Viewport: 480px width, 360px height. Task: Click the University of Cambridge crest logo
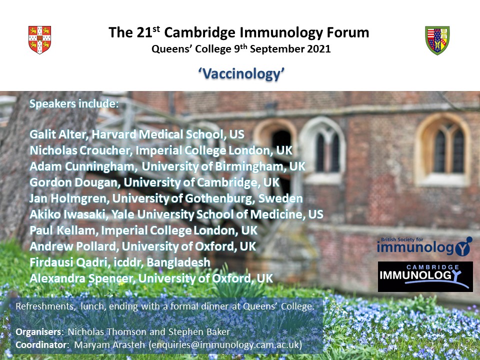pyautogui.click(x=40, y=40)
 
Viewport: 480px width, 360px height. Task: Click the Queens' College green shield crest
pyautogui.click(x=437, y=40)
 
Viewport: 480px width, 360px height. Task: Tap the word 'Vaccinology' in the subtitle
pyautogui.click(x=241, y=74)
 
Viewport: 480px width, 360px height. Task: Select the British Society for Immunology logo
pyautogui.click(x=424, y=246)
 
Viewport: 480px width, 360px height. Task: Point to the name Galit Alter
pyautogui.click(x=59, y=134)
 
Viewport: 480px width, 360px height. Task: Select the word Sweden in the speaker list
pyautogui.click(x=280, y=198)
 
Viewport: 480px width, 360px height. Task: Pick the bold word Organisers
pyautogui.click(x=38, y=332)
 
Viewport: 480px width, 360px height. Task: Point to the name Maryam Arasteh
pyautogui.click(x=109, y=344)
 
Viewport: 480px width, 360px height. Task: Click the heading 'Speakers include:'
pyautogui.click(x=74, y=104)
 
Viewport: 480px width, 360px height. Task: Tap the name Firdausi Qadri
pyautogui.click(x=69, y=262)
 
